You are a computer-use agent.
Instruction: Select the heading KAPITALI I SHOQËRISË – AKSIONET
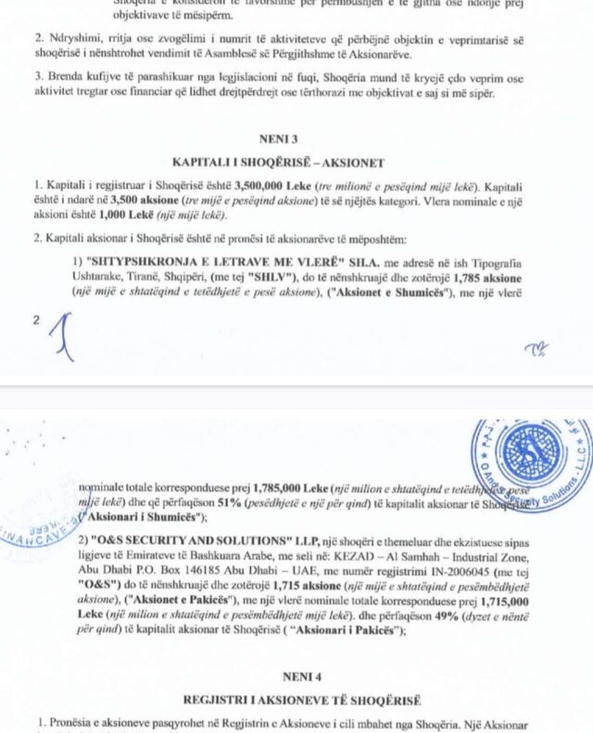coord(296,161)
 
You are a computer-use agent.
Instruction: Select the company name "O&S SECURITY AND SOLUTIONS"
coord(192,541)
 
